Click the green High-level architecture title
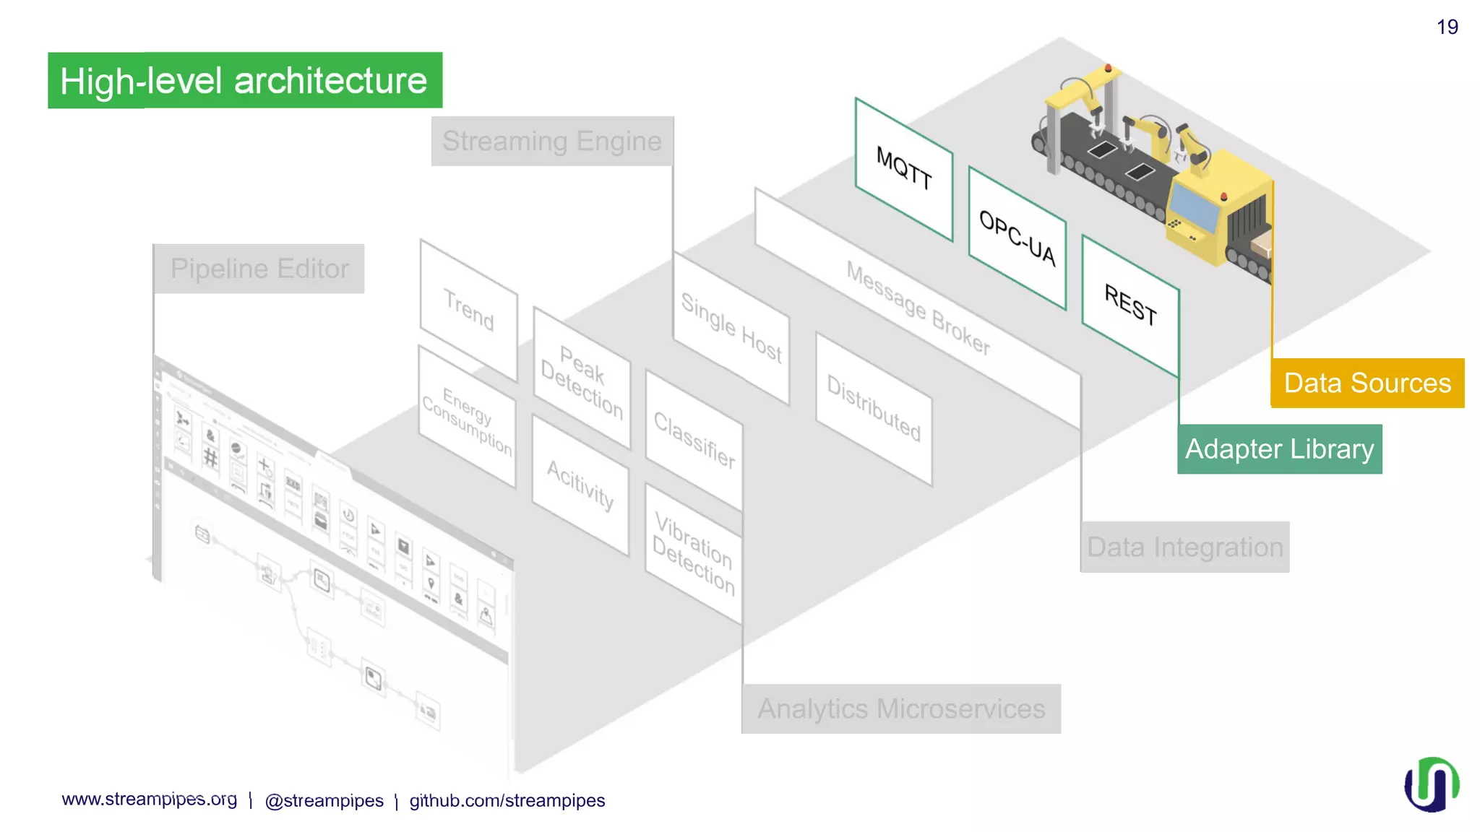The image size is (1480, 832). (244, 80)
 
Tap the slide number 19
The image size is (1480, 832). (1447, 27)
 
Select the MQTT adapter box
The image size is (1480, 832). (903, 168)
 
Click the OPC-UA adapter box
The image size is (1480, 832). (1017, 238)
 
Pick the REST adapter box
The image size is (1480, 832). (1130, 305)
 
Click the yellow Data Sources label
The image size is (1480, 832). (1367, 383)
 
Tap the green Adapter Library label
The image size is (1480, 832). (1279, 449)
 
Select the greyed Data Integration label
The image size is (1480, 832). (1184, 547)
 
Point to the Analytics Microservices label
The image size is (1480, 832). (900, 709)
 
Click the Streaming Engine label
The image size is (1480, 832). (552, 142)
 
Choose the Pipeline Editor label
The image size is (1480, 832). (259, 269)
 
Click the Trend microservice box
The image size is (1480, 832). (468, 310)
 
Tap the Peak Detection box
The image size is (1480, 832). (582, 382)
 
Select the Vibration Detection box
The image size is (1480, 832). (693, 553)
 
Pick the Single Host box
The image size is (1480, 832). (731, 329)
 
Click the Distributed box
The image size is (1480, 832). (873, 409)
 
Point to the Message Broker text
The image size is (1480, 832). (918, 308)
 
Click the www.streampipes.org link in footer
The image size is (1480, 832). (149, 799)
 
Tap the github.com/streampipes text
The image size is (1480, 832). (507, 801)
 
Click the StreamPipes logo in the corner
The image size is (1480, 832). (1431, 784)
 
